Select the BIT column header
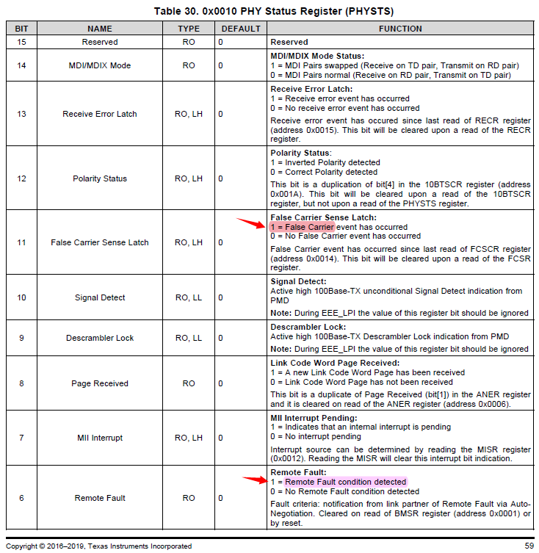(21, 29)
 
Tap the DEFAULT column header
(239, 29)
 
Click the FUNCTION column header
(400, 29)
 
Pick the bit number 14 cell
(21, 65)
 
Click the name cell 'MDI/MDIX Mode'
(100, 65)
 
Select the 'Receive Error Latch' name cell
(100, 114)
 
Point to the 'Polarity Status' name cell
(100, 178)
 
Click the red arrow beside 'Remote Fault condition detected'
(256, 480)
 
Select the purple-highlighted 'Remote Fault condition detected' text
(345, 482)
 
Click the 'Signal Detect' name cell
(100, 297)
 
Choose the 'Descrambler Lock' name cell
(100, 338)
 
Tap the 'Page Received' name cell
(100, 383)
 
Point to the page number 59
(529, 546)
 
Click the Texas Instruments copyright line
(99, 546)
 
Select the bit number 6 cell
(21, 498)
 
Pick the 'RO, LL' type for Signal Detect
(189, 297)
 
